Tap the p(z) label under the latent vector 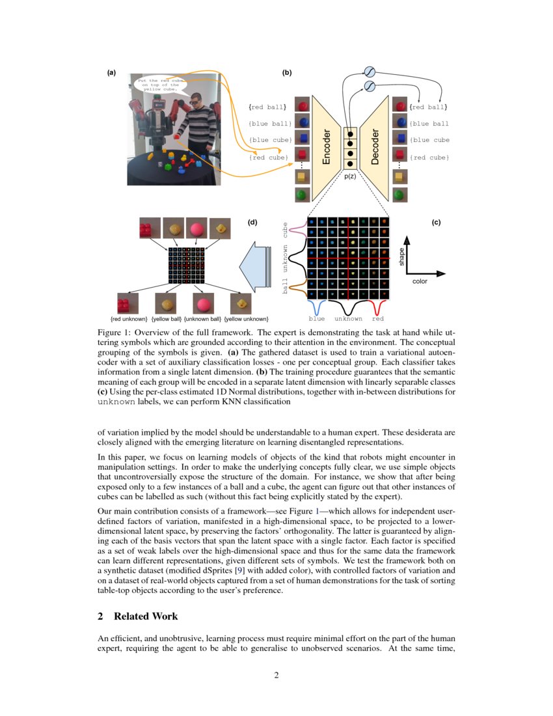click(x=351, y=176)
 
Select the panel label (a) click(x=112, y=73)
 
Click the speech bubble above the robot click(x=158, y=84)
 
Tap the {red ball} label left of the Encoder click(x=267, y=106)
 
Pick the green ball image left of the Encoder click(x=301, y=193)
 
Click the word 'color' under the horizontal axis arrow click(x=420, y=282)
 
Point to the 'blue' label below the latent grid click(x=317, y=319)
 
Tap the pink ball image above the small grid click(x=197, y=229)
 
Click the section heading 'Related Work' click(x=146, y=616)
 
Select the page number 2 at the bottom click(x=276, y=675)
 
